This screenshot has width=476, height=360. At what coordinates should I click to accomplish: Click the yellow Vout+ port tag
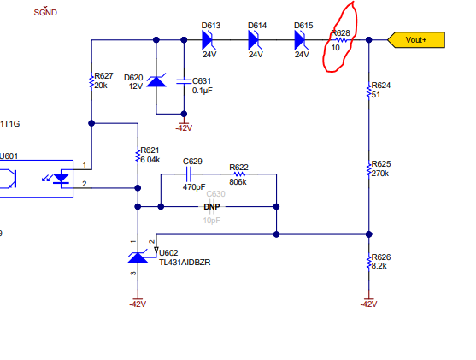point(416,40)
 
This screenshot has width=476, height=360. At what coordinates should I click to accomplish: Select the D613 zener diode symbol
point(209,40)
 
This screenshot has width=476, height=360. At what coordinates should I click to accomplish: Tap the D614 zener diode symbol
point(256,40)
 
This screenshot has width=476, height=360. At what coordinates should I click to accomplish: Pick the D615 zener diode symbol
point(302,40)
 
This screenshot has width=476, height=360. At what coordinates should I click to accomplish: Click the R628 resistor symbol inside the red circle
point(341,40)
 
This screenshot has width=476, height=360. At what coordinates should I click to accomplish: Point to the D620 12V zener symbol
point(156,81)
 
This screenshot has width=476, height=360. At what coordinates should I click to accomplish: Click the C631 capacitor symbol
point(184,81)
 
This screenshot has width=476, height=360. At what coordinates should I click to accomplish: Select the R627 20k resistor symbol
point(91,81)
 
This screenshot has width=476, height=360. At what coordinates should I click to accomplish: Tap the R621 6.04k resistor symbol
point(138,156)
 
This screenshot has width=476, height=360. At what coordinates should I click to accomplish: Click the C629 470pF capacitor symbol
point(188,174)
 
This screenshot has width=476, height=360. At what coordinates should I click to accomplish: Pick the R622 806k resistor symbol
point(239,174)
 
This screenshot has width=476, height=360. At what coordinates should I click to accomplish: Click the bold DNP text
point(212,207)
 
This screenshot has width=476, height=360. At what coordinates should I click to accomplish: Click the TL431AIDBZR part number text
point(185,263)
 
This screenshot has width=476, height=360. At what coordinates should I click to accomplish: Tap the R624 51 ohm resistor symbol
point(369,91)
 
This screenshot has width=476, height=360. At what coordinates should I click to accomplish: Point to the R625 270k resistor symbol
point(369,169)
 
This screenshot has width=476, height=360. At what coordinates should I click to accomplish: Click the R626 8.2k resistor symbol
point(369,262)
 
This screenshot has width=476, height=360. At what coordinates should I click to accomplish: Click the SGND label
point(45,12)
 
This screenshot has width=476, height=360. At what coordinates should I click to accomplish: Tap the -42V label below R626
point(368,304)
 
